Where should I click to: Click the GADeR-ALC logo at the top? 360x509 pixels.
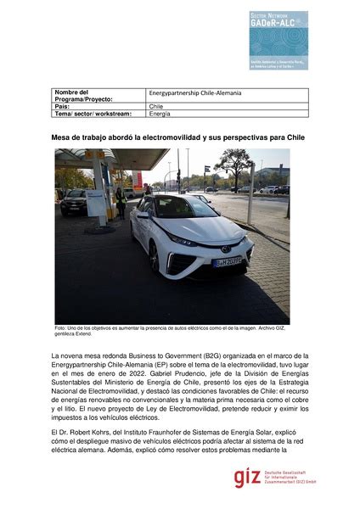click(278, 40)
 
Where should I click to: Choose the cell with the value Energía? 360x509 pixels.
click(159, 113)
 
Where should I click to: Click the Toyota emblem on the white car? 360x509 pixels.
click(225, 249)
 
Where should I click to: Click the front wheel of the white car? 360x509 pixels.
click(155, 257)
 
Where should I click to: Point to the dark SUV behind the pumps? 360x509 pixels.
click(75, 201)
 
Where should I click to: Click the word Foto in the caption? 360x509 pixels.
click(60, 327)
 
